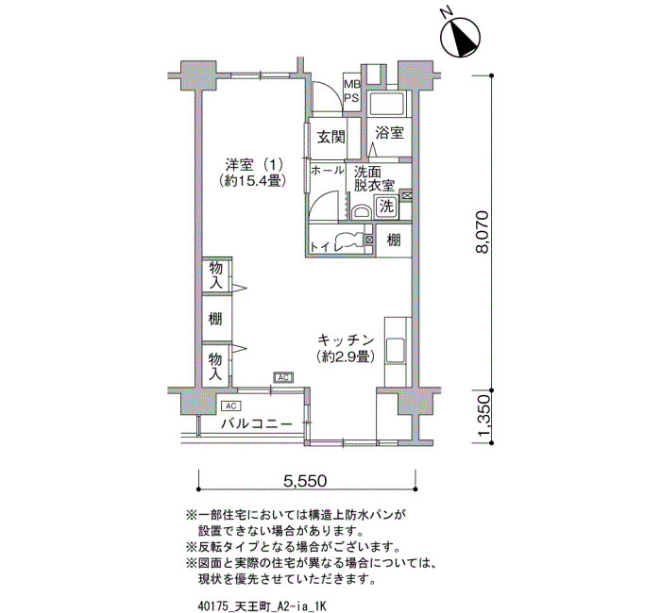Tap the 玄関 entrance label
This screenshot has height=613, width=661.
pos(330,137)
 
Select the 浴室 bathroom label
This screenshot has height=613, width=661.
pos(389,133)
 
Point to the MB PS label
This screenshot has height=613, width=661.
pos(352,91)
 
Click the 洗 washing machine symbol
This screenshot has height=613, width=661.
pos(386,207)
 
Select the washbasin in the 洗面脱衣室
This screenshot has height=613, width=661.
pos(361,211)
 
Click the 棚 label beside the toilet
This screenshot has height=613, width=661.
pos(394,240)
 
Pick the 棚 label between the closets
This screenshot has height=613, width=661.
pos(215,319)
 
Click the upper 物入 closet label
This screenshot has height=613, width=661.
pos(216,275)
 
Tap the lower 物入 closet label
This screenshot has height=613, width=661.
pos(216,366)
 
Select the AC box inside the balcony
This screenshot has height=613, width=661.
pos(230,406)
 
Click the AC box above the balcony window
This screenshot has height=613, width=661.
pos(283,377)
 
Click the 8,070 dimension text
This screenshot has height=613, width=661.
pos(482,232)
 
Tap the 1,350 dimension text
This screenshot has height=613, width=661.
pos(484,417)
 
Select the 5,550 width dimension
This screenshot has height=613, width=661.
pos(305,480)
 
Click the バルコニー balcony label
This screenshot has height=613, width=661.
pos(257,423)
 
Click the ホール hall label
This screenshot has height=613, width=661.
pos(327,171)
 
